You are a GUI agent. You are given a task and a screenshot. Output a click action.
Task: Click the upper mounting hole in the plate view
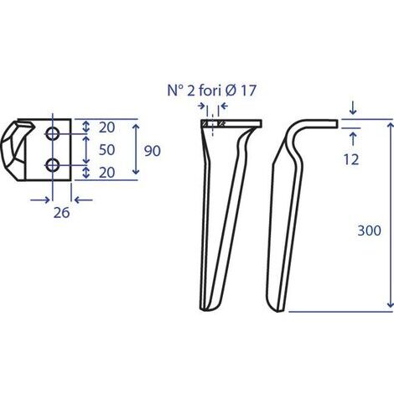[x=53, y=134]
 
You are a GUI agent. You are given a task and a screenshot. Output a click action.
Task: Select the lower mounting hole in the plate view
[x=53, y=163]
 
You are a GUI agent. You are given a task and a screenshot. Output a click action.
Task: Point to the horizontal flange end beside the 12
[x=334, y=125]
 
